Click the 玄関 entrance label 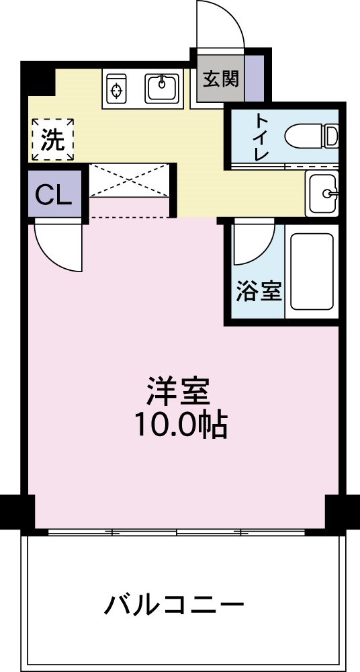coord(221,79)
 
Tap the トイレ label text coord(261,136)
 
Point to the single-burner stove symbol coord(118,89)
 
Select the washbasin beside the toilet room coord(324,194)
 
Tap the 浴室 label coord(258,292)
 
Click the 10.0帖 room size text coord(179,425)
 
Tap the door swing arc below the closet coord(59,247)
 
